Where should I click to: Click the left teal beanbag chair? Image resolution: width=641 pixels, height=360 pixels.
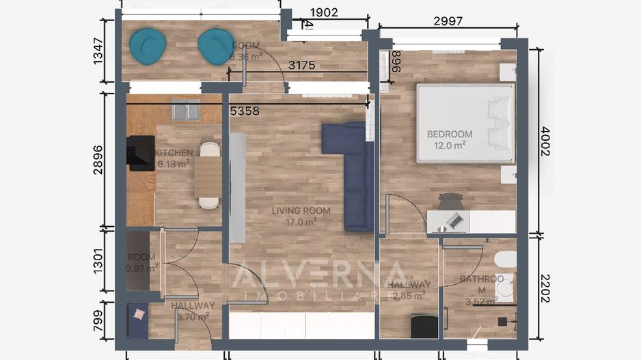tap(148, 46)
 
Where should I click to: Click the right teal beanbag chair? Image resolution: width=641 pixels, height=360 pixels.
tap(216, 46)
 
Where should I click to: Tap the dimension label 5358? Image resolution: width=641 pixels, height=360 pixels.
tap(245, 110)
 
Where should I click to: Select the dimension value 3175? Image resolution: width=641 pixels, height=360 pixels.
tap(301, 66)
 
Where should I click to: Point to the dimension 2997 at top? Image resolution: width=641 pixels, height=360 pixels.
tap(448, 21)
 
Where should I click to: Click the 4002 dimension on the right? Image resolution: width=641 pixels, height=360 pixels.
tap(545, 141)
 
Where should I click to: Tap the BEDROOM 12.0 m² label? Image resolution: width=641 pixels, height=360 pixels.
tap(449, 139)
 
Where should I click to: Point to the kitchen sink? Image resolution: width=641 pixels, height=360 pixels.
tap(186, 110)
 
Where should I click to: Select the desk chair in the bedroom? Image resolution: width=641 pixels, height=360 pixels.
tap(450, 201)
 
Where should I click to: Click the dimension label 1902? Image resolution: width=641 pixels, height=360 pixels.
tap(324, 12)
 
